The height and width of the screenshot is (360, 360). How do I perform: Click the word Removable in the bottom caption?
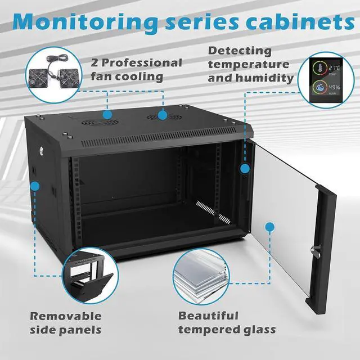point(66,316)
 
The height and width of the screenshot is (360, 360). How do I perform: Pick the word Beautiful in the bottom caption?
point(208,316)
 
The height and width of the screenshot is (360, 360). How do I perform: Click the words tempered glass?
point(227,330)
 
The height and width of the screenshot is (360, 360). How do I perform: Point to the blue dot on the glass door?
point(270,227)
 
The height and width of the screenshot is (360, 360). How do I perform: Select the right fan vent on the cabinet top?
point(162,116)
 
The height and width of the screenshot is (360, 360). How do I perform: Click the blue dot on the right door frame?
point(245,168)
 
